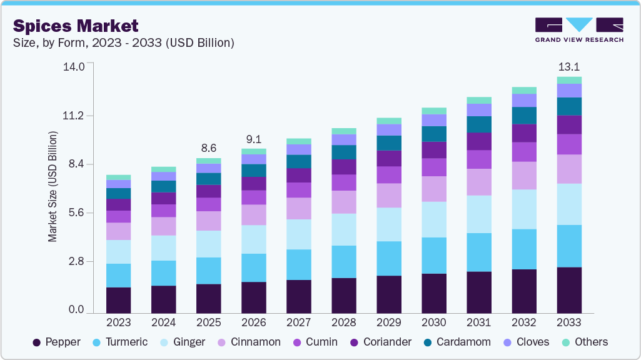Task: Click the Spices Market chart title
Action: pos(76,26)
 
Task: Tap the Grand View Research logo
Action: pos(579,30)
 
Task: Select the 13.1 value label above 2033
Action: pos(569,67)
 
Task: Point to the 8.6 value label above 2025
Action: pos(208,148)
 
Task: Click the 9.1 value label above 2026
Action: pos(253,139)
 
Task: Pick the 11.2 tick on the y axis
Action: pos(73,116)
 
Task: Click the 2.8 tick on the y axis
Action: pos(76,261)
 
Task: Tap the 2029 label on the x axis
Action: pos(389,322)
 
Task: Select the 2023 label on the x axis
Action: pos(119,322)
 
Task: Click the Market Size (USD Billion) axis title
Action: pos(53,187)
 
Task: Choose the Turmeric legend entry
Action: pos(121,342)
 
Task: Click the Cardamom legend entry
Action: pos(457,342)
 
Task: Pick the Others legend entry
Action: pos(585,342)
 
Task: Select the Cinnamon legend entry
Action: pos(249,342)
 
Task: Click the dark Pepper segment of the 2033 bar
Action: pos(569,290)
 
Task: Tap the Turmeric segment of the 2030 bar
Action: pos(434,256)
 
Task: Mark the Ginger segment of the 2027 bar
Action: pos(299,234)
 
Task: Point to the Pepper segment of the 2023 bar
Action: pos(119,301)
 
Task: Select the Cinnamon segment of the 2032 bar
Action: pos(524,176)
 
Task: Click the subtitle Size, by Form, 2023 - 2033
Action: pos(123,43)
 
